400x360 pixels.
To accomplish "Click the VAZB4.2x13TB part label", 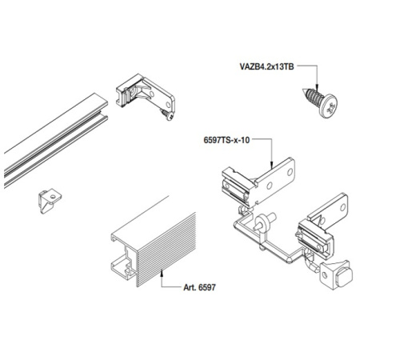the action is point(266,66).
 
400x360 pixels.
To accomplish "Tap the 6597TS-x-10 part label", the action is point(226,140).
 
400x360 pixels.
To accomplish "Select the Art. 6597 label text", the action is point(199,287).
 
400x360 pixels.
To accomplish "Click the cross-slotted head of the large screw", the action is point(329,106).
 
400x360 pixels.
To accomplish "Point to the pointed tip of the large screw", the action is point(303,90).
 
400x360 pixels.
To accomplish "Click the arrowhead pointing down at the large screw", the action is point(317,87).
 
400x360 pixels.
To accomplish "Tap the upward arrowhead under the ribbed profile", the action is point(162,273).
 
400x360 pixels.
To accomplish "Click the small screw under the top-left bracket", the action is point(167,114).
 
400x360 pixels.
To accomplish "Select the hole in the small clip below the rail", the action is point(53,197).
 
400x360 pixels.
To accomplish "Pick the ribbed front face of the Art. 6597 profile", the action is point(166,250).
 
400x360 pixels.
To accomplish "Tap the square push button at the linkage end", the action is point(344,278).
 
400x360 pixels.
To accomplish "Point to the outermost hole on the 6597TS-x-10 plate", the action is point(290,172).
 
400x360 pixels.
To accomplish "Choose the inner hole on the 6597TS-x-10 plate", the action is point(270,186).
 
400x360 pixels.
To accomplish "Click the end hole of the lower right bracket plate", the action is point(342,207).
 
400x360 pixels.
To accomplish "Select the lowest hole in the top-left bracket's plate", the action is point(168,105).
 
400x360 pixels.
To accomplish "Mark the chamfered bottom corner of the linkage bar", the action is point(289,260).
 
